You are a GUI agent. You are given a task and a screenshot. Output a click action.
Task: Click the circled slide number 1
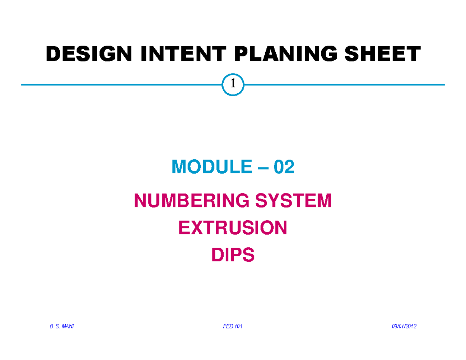(x=233, y=84)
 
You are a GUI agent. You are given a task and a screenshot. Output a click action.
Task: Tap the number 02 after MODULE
(x=284, y=167)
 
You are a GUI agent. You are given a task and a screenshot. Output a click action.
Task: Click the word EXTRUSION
(x=233, y=228)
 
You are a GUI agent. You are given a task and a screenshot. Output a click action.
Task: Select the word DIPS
(x=233, y=255)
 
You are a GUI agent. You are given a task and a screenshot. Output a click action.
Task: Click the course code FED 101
(x=233, y=327)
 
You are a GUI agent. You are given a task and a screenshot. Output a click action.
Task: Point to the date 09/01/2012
(x=404, y=327)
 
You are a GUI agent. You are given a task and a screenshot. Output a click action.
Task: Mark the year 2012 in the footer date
(x=411, y=327)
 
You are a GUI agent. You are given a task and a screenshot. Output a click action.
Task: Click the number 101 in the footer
(x=237, y=327)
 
